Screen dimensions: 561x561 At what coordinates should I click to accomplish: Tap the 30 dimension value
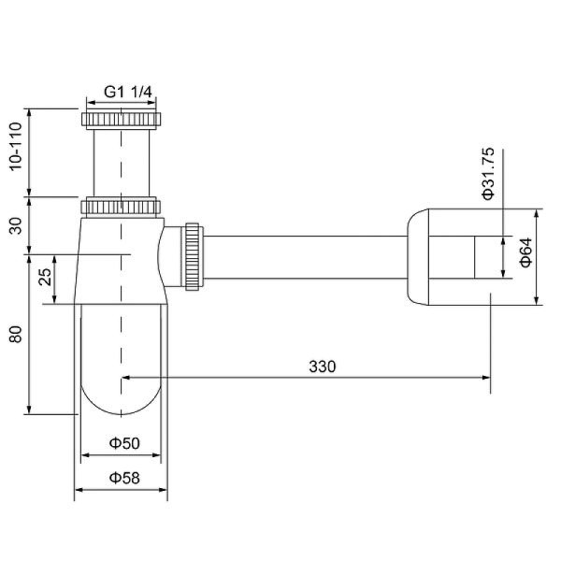point(15,224)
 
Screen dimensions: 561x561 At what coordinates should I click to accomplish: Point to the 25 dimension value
point(44,278)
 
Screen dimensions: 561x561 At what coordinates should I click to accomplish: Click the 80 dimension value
point(15,334)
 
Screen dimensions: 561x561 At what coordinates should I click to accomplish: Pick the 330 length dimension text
point(322,366)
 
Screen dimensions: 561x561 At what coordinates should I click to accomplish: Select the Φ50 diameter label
point(123,442)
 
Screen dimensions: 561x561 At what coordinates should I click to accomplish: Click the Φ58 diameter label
point(123,477)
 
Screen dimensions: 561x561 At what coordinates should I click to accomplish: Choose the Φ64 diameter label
point(525,254)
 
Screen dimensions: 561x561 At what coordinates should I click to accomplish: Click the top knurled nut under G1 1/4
point(122,120)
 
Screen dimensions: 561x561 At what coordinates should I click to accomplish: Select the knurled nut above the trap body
point(122,206)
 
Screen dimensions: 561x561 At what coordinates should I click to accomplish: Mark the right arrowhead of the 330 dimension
point(485,378)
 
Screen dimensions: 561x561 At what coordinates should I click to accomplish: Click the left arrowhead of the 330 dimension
point(127,378)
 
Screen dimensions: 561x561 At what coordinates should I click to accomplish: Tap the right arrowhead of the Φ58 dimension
point(164,489)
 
